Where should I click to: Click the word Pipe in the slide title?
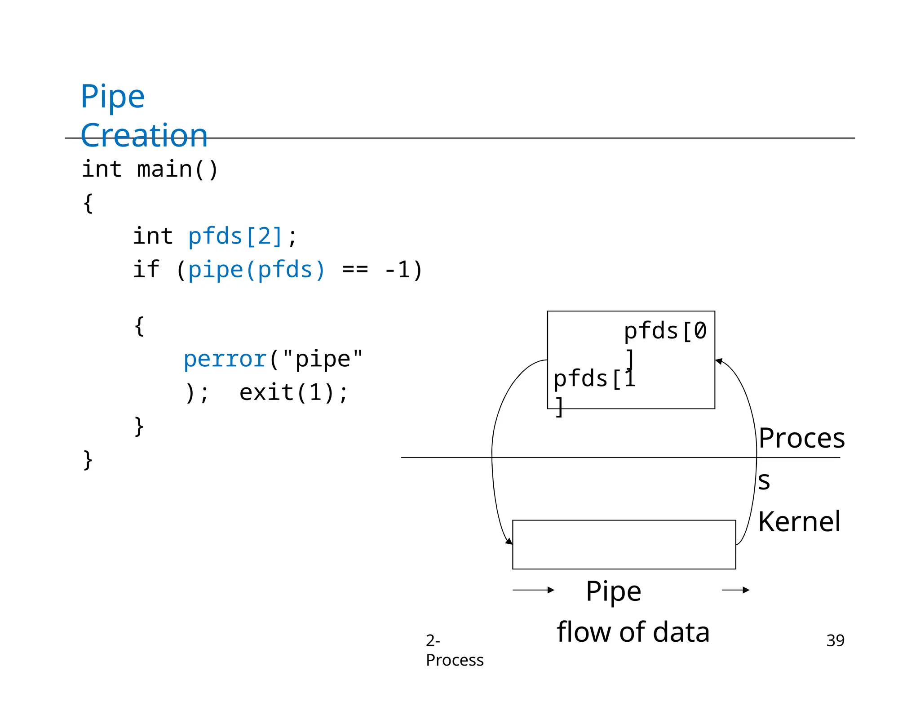tap(112, 97)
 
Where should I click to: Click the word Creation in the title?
tap(144, 135)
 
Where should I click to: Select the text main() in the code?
tap(177, 169)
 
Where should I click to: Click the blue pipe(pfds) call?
tap(256, 270)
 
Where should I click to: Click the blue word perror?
tap(225, 359)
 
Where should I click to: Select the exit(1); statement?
tap(294, 392)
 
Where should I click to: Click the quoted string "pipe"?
tap(322, 359)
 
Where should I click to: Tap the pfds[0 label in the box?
tap(665, 331)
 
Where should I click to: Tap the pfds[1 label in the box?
tap(594, 378)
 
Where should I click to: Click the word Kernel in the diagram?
tap(799, 522)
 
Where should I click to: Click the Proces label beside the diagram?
tap(801, 438)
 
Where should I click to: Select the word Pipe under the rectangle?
tap(613, 591)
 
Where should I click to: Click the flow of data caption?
tap(633, 632)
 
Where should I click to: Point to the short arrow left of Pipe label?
tap(533, 590)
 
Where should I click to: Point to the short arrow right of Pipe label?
tap(735, 590)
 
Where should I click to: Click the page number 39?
tap(835, 640)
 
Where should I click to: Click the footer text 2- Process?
tap(454, 650)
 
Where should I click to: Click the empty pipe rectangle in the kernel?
tap(624, 545)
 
